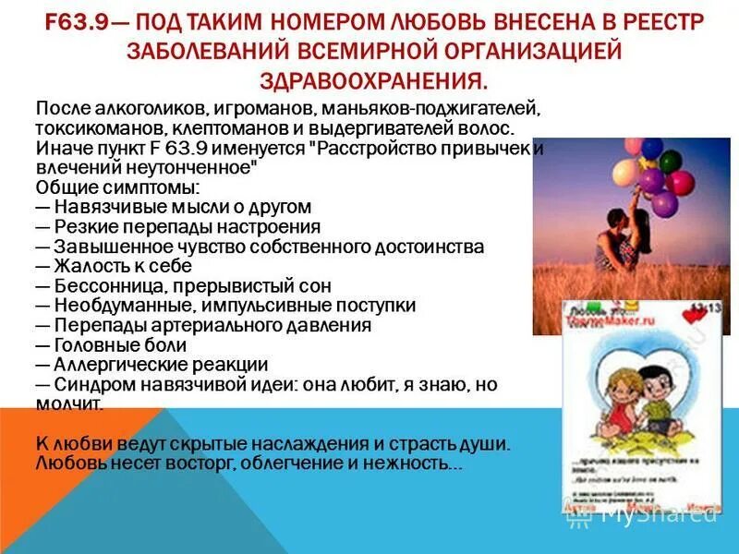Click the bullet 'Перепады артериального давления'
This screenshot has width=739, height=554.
coord(203,325)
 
